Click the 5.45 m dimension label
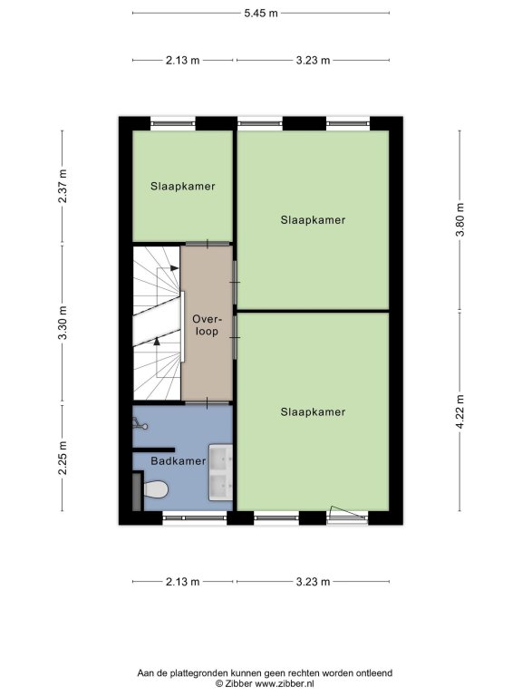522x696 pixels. click(261, 14)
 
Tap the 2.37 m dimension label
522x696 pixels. click(63, 187)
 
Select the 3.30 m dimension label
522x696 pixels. click(63, 324)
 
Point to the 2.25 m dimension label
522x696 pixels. click(63, 458)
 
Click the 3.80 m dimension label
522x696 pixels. click(460, 220)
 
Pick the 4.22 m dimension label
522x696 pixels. click(460, 412)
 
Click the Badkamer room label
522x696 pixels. click(178, 461)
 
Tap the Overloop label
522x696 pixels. click(207, 325)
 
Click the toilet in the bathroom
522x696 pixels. click(155, 489)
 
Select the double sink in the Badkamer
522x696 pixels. click(220, 472)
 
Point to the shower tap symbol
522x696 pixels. click(140, 424)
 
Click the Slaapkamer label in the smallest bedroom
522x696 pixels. click(182, 187)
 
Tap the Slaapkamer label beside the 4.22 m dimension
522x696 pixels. click(313, 412)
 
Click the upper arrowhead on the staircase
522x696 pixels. click(174, 268)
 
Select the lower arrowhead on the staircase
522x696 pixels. click(156, 342)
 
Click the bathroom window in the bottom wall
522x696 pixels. click(195, 518)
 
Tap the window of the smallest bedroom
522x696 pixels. click(173, 123)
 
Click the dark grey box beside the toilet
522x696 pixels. click(138, 491)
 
